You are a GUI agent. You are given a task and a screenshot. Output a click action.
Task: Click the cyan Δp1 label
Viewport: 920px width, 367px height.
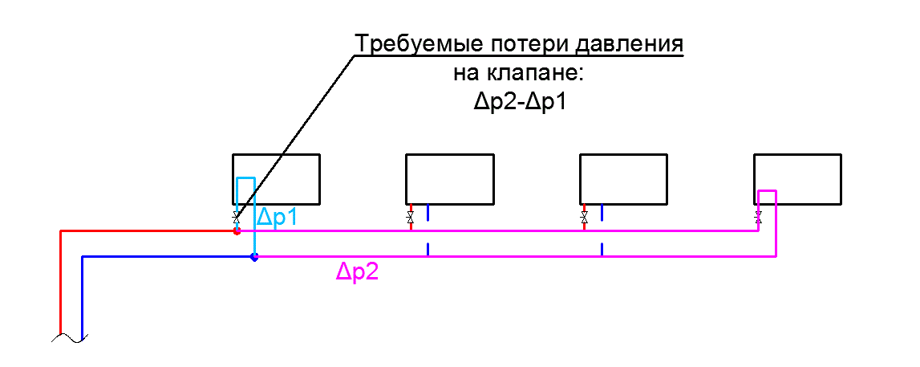click(x=278, y=218)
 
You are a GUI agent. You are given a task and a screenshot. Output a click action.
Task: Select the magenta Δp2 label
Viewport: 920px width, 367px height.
click(x=357, y=272)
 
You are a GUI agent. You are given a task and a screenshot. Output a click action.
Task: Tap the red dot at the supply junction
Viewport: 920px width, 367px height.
click(x=237, y=231)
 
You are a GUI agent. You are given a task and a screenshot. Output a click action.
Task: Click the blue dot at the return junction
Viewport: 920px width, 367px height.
click(x=254, y=257)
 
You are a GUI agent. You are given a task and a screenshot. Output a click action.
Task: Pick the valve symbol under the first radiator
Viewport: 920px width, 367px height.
click(x=237, y=218)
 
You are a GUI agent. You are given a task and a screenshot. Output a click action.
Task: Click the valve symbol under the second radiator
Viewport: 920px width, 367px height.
click(x=410, y=218)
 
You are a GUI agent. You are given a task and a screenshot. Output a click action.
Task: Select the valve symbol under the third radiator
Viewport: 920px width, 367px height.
click(x=584, y=218)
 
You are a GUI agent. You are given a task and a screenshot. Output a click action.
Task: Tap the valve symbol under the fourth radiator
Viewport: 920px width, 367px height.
click(x=758, y=218)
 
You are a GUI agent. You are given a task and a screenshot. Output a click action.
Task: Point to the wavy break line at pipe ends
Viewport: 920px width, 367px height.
click(x=69, y=337)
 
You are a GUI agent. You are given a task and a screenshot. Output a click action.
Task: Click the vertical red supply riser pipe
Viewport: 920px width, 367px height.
click(x=61, y=283)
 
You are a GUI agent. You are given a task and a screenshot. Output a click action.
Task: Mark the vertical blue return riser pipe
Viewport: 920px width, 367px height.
click(x=82, y=296)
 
